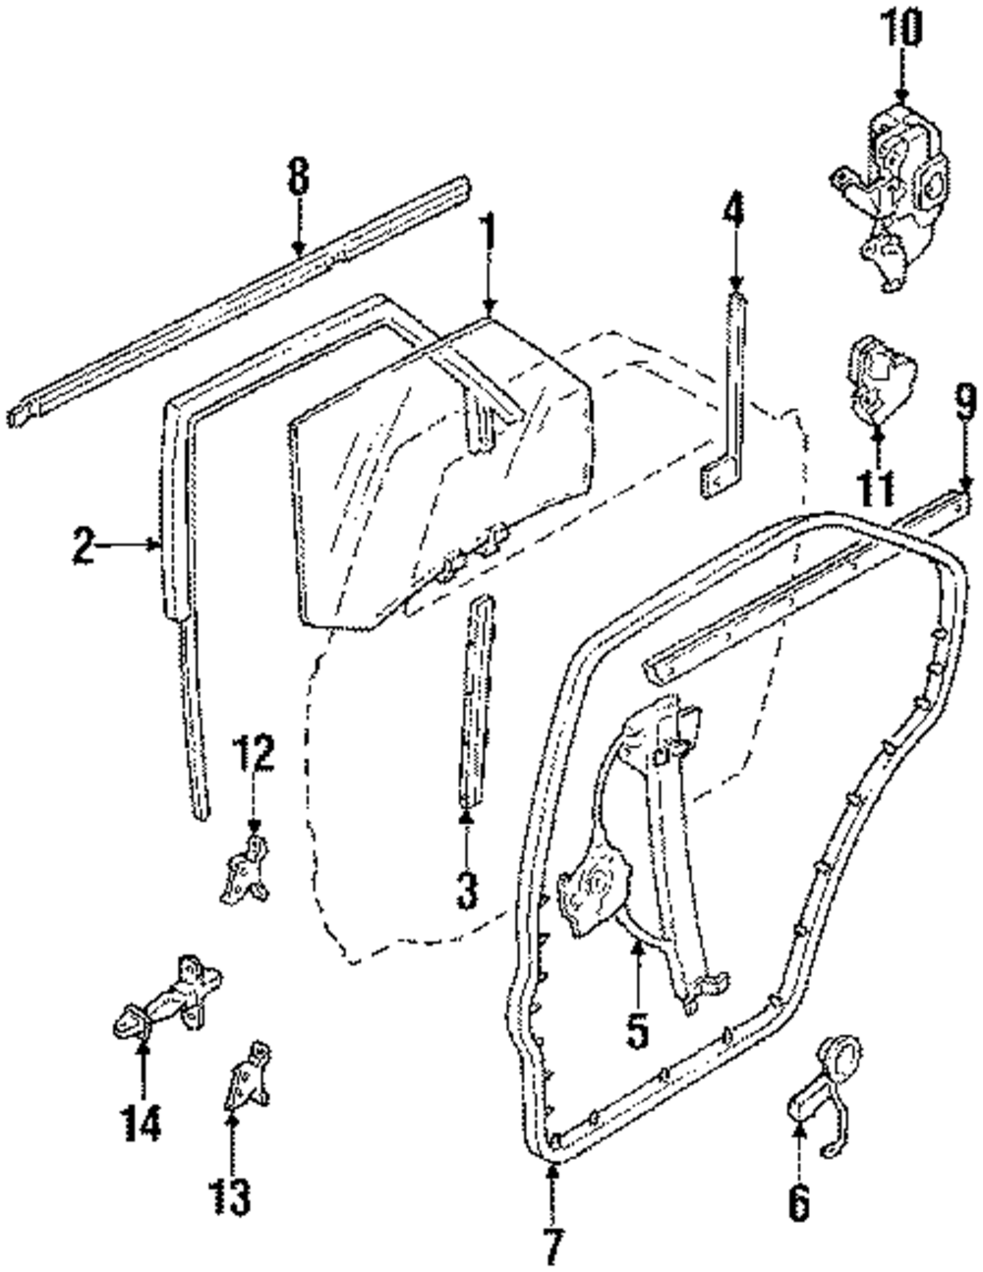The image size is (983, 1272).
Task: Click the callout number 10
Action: (x=902, y=29)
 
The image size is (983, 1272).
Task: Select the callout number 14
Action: (x=142, y=1124)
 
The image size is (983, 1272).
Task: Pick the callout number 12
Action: (x=254, y=757)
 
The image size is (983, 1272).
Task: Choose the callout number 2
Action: (x=85, y=544)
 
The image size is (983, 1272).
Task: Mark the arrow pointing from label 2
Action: (x=133, y=544)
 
